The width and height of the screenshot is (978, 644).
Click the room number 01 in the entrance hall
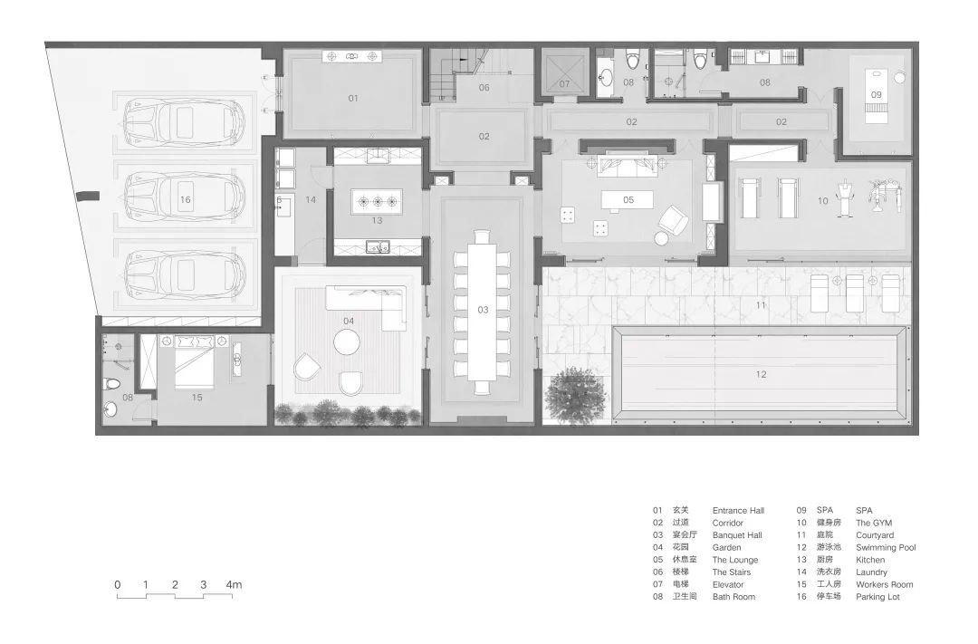(x=353, y=98)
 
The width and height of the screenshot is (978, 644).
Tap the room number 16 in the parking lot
(x=186, y=199)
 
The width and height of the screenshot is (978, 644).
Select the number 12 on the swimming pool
(x=761, y=374)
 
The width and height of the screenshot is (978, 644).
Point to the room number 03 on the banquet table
(x=483, y=310)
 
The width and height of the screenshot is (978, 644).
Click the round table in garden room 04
(x=347, y=342)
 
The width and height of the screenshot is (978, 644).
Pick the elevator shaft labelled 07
(x=564, y=74)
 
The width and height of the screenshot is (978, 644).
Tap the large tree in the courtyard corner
(x=574, y=396)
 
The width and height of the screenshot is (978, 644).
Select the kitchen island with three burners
(x=377, y=202)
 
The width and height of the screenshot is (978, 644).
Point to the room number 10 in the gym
(x=822, y=201)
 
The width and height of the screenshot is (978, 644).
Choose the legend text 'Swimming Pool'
(x=886, y=547)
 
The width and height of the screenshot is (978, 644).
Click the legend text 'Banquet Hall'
(x=737, y=534)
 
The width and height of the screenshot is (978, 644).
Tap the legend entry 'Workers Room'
(x=885, y=584)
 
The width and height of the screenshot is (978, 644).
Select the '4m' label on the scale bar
(x=234, y=585)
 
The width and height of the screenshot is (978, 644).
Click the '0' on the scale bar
(x=117, y=585)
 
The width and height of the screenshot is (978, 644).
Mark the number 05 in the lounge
(x=628, y=199)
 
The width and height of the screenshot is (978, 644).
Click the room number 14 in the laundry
(x=311, y=199)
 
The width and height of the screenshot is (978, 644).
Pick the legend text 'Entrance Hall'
(x=739, y=511)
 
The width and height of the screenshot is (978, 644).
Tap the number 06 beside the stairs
(x=484, y=87)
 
